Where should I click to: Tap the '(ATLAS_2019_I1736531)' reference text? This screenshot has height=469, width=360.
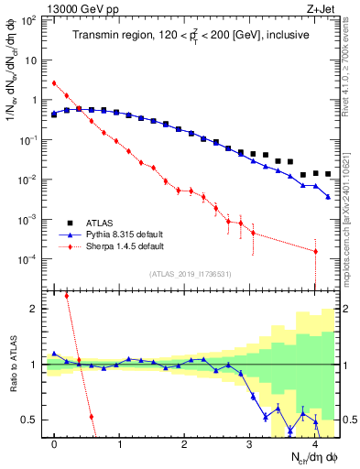click(190, 274)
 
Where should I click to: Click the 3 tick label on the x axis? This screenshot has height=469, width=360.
click(250, 442)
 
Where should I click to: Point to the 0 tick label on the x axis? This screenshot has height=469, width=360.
click(54, 442)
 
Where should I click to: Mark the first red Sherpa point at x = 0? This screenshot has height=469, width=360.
click(54, 83)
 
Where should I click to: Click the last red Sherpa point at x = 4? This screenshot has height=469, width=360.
click(315, 251)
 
